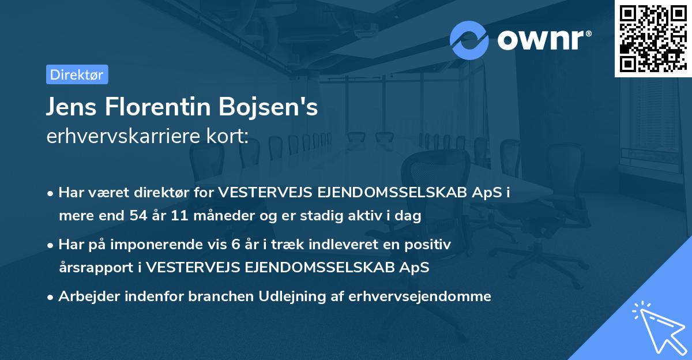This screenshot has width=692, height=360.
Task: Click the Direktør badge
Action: pos(77,74)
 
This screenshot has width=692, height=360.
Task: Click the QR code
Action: pos(652,40)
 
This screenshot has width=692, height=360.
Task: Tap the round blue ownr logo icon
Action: pos(469,40)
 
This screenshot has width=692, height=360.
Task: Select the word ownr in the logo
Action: pos(543,40)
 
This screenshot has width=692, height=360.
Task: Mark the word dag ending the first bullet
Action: pos(410,216)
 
